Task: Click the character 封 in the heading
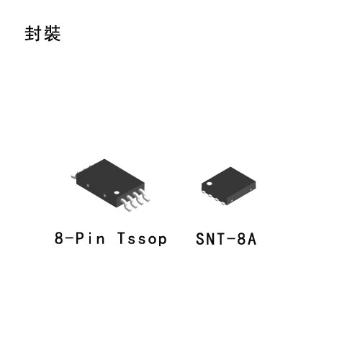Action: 33,33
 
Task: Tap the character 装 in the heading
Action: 52,33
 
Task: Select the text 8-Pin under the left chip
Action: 80,238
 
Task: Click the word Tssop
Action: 142,238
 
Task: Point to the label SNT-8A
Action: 226,239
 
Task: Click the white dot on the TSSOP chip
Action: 117,192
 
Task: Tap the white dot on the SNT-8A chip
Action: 210,184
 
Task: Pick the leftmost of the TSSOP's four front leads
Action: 126,204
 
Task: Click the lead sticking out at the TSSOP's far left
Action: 74,176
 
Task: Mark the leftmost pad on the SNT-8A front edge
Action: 204,192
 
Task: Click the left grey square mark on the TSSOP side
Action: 88,186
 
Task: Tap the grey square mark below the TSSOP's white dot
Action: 104,196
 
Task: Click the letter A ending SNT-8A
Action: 252,239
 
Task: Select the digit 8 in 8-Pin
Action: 58,238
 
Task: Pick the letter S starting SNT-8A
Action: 200,239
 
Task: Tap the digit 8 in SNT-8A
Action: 241,239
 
